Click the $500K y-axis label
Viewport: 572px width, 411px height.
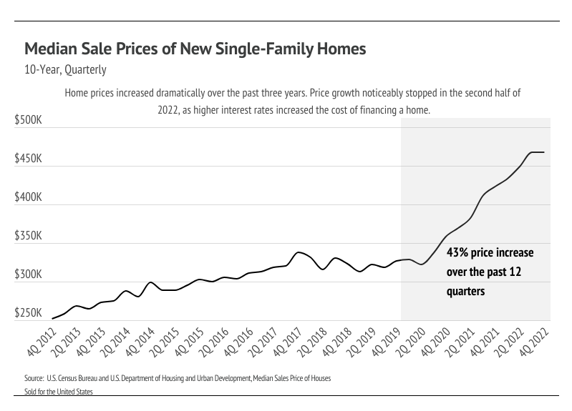[x=29, y=122]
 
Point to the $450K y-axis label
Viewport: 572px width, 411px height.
[x=29, y=159]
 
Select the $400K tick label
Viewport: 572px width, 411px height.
[x=29, y=198]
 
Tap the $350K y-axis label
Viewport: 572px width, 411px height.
[x=29, y=237]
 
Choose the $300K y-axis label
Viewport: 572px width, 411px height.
[x=29, y=275]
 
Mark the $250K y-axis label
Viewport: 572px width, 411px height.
[x=29, y=314]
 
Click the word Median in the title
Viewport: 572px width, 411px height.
[x=51, y=49]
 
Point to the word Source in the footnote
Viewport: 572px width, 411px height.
[x=34, y=377]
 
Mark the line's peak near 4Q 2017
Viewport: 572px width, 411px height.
[x=298, y=252]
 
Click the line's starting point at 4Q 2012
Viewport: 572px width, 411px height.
[x=53, y=318]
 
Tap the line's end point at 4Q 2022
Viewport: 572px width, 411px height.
[x=544, y=152]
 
